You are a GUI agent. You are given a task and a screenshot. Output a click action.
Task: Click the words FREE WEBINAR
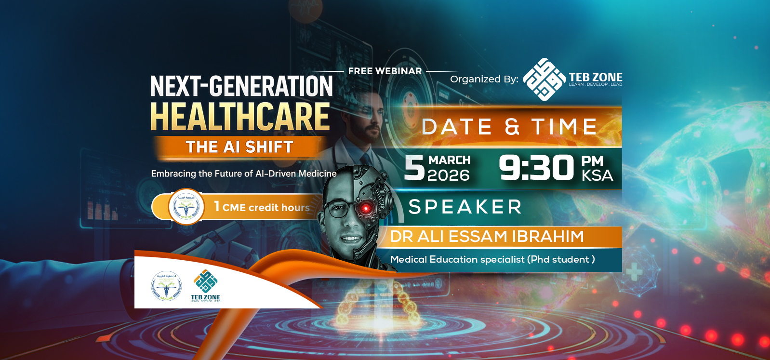(x=385, y=71)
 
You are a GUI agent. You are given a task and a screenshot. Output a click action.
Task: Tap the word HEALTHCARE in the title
(x=240, y=117)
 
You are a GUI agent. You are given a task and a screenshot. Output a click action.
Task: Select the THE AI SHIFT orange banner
(x=239, y=147)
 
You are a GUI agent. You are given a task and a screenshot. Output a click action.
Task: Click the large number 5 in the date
(x=414, y=168)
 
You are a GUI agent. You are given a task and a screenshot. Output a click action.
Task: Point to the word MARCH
(x=449, y=160)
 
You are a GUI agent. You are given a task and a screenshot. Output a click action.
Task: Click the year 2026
(x=448, y=175)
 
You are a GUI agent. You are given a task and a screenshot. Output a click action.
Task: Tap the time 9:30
(x=536, y=168)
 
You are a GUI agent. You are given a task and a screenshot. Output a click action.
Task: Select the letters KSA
(x=597, y=175)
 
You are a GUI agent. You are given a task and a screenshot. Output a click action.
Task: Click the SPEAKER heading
(x=465, y=207)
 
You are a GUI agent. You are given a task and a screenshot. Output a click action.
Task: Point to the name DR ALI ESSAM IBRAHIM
(x=487, y=237)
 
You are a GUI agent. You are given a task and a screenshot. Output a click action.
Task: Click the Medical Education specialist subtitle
(x=492, y=259)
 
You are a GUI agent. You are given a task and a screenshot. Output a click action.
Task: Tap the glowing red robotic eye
(x=365, y=208)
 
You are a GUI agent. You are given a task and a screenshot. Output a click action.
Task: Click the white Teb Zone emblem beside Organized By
(x=544, y=80)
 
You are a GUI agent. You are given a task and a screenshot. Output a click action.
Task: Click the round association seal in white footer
(x=166, y=286)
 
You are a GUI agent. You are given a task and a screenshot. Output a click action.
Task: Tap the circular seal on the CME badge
(x=186, y=207)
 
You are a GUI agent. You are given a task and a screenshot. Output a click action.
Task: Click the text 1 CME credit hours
(x=262, y=207)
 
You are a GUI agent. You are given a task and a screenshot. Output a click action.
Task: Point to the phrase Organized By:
(x=484, y=79)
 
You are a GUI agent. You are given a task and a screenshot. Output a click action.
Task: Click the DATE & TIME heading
(x=509, y=127)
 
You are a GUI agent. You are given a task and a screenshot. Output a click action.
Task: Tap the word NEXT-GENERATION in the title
(x=241, y=87)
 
